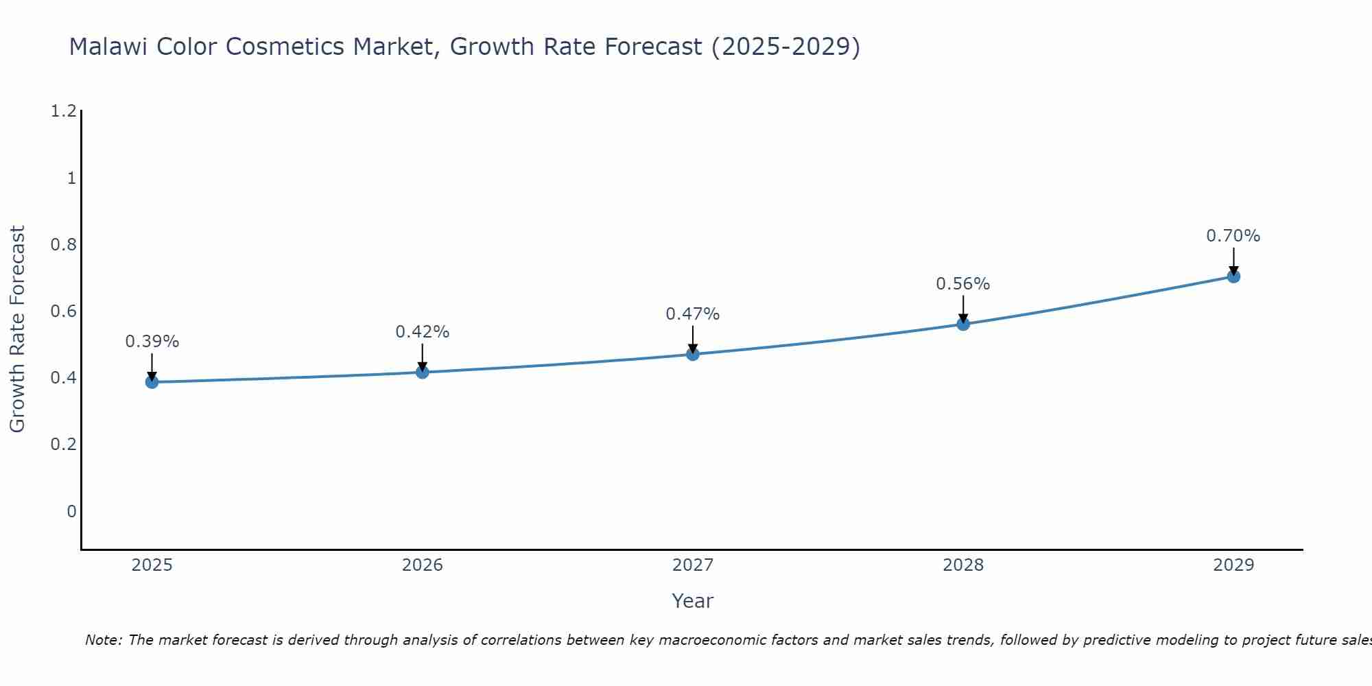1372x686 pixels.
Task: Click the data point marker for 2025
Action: [152, 382]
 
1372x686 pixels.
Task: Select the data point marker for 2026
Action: [423, 372]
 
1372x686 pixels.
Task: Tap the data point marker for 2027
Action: [693, 354]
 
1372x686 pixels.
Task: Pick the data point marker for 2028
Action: [963, 324]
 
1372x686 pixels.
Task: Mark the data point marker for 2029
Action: [1233, 276]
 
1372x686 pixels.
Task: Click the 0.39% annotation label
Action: [152, 342]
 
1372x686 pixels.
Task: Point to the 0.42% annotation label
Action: [423, 332]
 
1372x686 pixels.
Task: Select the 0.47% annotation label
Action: [693, 314]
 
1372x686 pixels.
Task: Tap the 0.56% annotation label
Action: [963, 284]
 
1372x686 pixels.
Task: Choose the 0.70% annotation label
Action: [1233, 236]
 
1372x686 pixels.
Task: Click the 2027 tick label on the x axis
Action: [693, 565]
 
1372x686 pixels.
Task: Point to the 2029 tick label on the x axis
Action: [1233, 565]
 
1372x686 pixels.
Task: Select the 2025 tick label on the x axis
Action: [152, 565]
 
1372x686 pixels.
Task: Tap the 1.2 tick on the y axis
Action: [63, 111]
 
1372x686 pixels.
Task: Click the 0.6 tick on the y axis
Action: [63, 311]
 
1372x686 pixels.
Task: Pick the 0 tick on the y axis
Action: [71, 512]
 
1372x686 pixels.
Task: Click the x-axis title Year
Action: [693, 601]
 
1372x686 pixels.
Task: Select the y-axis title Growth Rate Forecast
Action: [17, 329]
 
